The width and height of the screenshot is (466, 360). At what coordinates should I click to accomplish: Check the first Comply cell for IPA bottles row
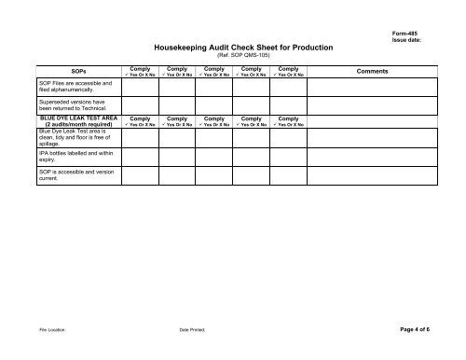[x=141, y=158]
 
